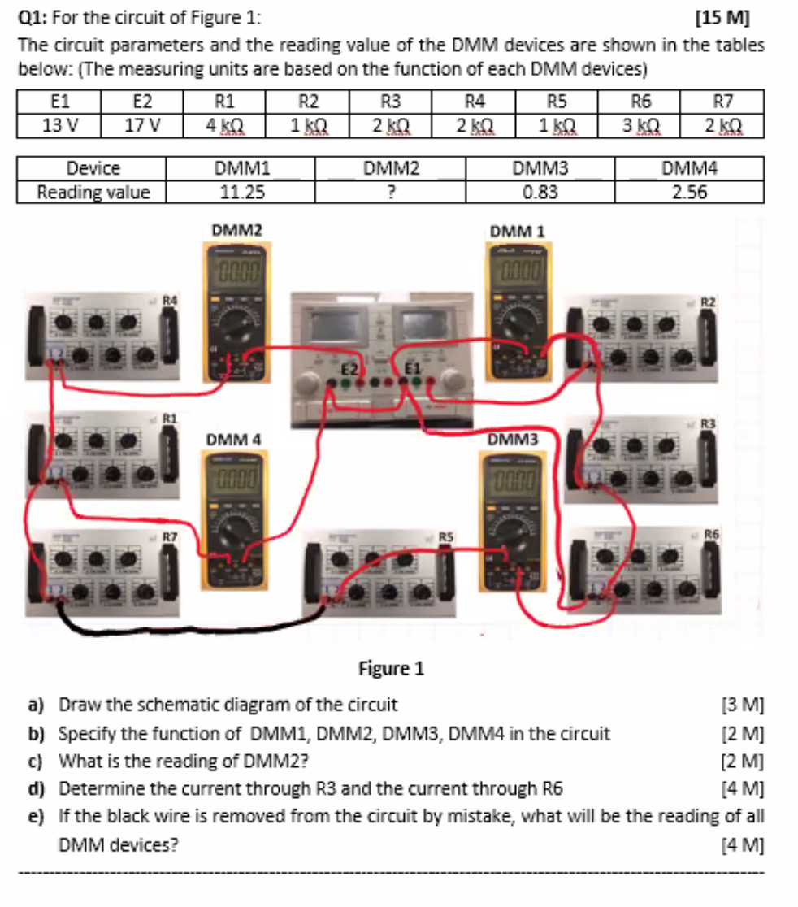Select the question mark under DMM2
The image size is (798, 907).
[x=391, y=193]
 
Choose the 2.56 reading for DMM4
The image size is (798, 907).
[x=689, y=193]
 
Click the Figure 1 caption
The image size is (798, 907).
[x=391, y=669]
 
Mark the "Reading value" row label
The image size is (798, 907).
[x=93, y=193]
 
